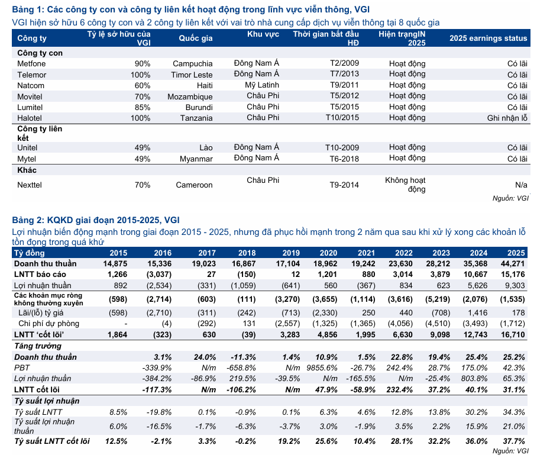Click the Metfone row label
click(31, 63)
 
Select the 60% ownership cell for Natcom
click(143, 85)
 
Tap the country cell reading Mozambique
click(190, 96)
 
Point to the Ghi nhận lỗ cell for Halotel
click(507, 118)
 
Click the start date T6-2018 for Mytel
click(344, 159)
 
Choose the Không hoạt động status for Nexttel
click(405, 185)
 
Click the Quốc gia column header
click(196, 38)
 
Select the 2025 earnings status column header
click(489, 38)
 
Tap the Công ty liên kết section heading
click(40, 133)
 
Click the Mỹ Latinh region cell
click(262, 85)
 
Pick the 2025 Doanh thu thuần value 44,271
click(513, 263)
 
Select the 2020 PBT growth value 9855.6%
click(322, 367)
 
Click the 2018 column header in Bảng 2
click(247, 253)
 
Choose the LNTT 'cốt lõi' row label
click(39, 334)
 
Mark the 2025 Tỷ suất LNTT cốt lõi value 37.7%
click(514, 441)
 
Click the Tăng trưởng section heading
click(38, 346)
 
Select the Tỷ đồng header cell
click(30, 253)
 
